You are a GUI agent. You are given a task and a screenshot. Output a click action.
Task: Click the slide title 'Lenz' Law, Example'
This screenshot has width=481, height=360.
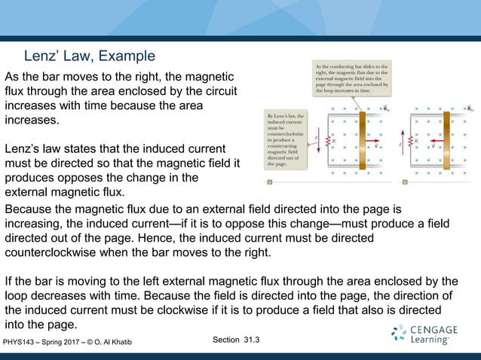coord(90,56)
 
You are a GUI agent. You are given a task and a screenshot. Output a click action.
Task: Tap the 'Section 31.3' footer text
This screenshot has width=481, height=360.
coord(236,340)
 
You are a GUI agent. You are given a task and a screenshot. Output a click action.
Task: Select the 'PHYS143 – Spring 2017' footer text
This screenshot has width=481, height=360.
coord(45,343)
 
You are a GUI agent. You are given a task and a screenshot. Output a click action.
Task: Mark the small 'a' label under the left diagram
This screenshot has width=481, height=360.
coord(270,182)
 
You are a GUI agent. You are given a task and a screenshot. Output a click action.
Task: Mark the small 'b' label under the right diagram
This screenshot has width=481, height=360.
coord(405,182)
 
